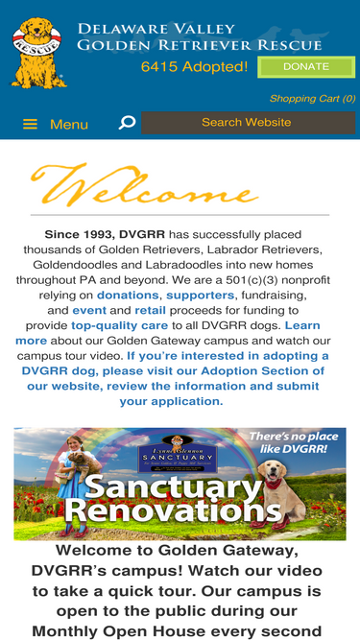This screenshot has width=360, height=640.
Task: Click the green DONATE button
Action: pos(305,67)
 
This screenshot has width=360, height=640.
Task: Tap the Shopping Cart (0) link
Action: pos(311,99)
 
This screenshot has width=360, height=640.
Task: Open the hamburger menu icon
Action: pos(31,125)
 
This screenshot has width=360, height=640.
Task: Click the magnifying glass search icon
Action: pos(127,123)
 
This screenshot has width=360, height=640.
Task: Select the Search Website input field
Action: pos(246,123)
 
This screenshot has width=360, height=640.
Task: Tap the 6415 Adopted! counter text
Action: pos(194,67)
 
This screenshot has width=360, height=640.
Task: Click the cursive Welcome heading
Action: pos(144,186)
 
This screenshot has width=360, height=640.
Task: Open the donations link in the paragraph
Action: pos(128,296)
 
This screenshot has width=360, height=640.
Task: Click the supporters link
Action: pos(200,296)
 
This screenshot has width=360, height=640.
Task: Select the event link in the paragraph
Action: pos(89,311)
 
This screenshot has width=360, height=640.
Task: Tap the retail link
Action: pos(150,311)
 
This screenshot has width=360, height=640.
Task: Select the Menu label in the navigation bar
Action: pos(69,125)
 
